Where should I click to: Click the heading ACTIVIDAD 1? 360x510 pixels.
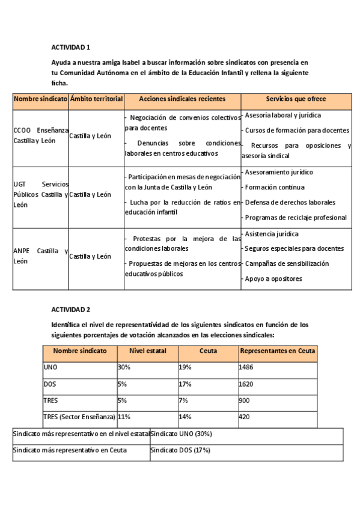pos(70,47)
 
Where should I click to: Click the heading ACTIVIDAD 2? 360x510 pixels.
pos(70,310)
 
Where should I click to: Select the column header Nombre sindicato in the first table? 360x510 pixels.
pos(40,99)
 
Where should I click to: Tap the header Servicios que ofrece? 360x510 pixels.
pos(296,99)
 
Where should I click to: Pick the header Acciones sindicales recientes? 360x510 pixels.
pos(182,99)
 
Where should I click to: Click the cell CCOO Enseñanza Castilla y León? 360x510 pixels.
pos(40,135)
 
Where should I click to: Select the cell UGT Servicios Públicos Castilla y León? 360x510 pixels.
pos(40,194)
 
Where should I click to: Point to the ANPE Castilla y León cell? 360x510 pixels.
pos(40,256)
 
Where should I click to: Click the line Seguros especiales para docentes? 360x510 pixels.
pos(294,248)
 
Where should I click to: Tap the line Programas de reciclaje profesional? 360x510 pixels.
pos(295,217)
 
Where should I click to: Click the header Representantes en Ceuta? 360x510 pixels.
pos(277,351)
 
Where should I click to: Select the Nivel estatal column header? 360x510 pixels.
pos(147,351)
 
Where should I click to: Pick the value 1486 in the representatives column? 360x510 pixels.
pos(246,367)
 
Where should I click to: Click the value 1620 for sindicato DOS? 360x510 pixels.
pos(246,384)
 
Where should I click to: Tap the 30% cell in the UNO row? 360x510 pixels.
pos(124,367)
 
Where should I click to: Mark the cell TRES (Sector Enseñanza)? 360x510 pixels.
pos(79,416)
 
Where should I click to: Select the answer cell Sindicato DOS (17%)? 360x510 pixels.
pos(180,450)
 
